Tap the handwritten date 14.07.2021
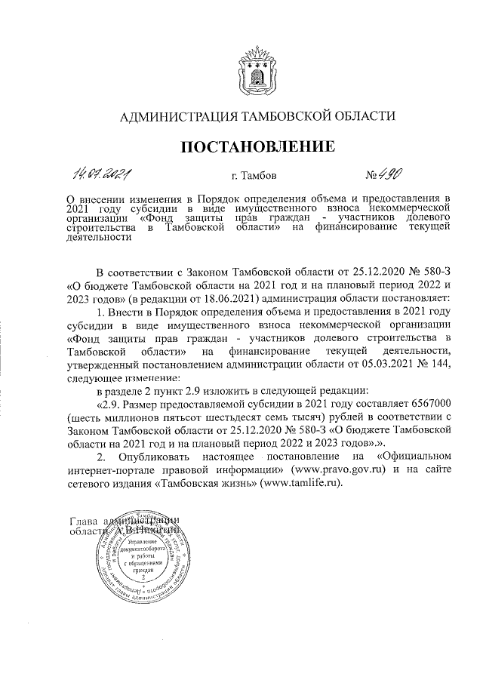pyautogui.click(x=99, y=174)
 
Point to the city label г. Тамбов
pyautogui.click(x=254, y=176)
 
